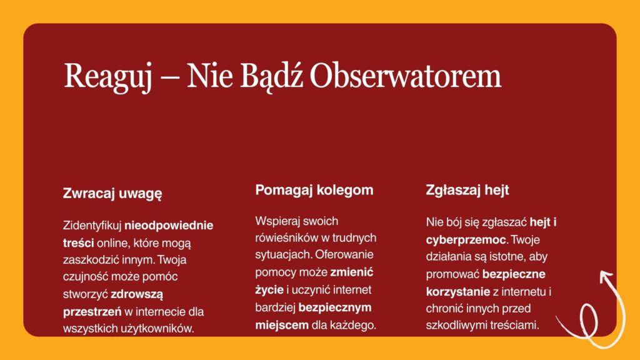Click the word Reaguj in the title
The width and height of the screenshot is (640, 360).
[107, 77]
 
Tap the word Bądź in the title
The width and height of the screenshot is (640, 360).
[271, 76]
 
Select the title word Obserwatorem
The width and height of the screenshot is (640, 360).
[405, 76]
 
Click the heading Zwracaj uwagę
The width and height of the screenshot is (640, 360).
[112, 194]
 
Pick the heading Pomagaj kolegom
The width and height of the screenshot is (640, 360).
[314, 190]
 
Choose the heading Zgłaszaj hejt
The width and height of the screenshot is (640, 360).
[467, 190]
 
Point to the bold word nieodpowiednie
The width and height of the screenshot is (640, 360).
[169, 226]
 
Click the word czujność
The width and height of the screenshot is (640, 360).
[85, 277]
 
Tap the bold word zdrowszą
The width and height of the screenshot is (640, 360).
[137, 294]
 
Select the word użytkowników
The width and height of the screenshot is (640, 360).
[157, 329]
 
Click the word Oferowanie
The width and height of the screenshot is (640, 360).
[344, 255]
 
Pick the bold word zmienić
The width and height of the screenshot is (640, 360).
[351, 272]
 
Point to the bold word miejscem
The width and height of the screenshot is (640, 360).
[282, 325]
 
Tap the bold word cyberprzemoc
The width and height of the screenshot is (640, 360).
[466, 240]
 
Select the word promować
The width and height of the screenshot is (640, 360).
[452, 275]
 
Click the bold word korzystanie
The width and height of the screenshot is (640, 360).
[458, 292]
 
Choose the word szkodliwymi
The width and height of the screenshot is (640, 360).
[458, 326]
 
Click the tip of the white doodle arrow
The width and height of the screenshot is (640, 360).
[601, 274]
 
